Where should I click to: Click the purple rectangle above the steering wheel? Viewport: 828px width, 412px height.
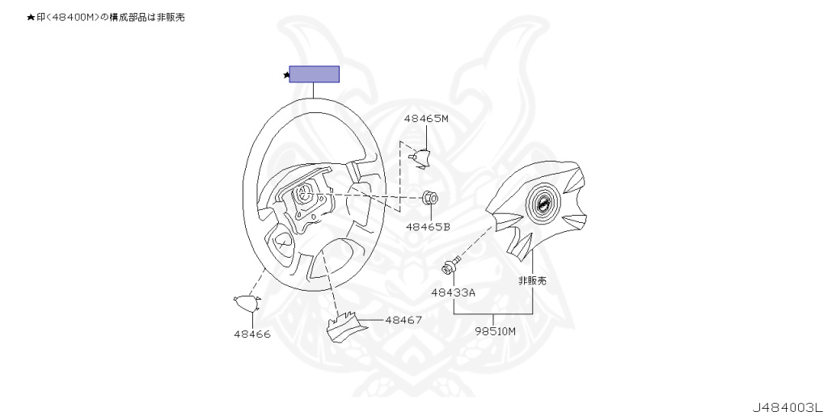[x=314, y=74]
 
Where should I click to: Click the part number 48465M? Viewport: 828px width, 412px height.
[x=425, y=119]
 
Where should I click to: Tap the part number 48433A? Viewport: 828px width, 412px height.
[x=453, y=292]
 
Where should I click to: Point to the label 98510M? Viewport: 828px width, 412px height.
[x=495, y=330]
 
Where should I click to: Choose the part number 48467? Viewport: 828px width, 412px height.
[x=403, y=320]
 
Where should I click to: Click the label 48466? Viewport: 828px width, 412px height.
[x=252, y=334]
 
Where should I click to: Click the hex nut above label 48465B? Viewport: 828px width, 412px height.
[x=429, y=198]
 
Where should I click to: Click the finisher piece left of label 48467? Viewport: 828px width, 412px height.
[x=342, y=326]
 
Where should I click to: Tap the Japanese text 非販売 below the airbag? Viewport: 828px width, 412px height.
[x=532, y=280]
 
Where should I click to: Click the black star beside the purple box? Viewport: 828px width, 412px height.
[x=285, y=75]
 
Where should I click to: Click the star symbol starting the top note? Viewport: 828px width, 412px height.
[x=31, y=17]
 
